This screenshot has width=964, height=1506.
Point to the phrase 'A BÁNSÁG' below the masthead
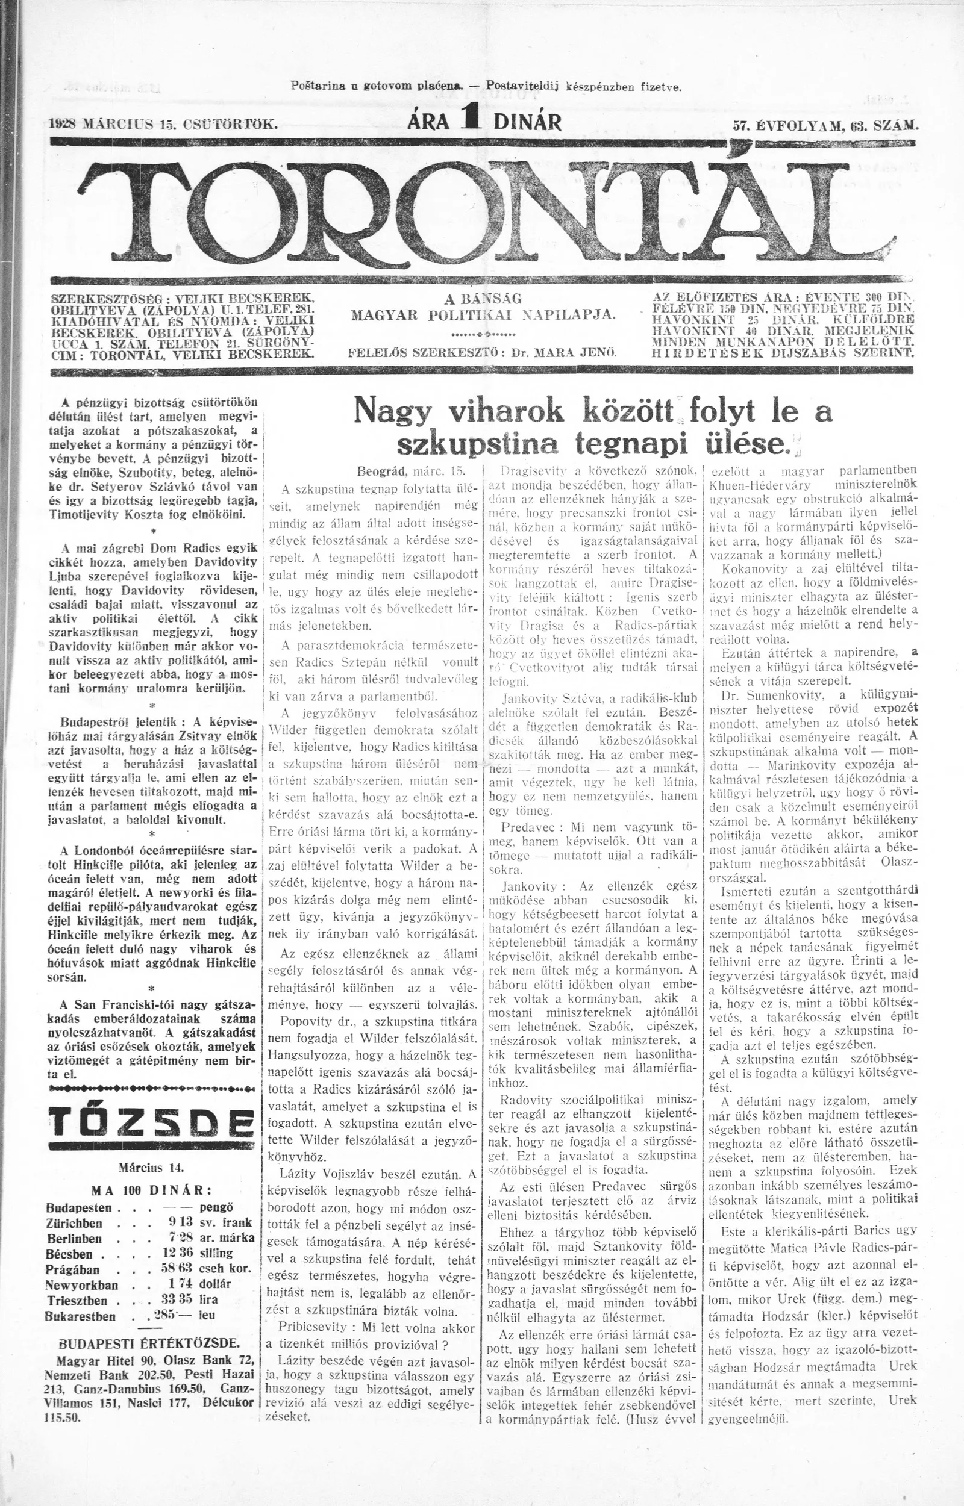click(x=484, y=298)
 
